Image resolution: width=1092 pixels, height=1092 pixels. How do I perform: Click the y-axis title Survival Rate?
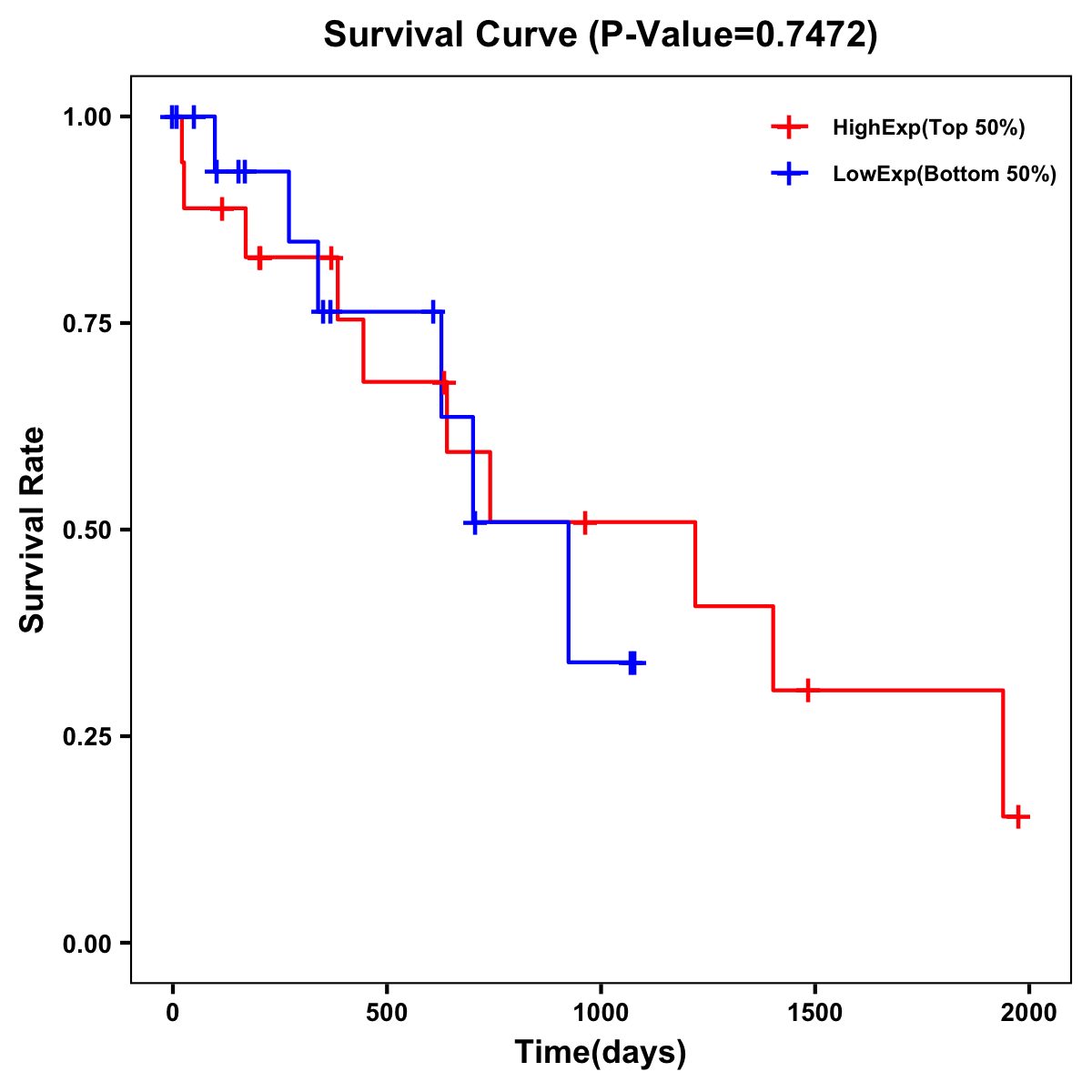coord(33,530)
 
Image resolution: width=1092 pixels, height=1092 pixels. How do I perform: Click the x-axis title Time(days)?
coord(601,1053)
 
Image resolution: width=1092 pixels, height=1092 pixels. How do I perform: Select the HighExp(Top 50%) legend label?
coord(929,128)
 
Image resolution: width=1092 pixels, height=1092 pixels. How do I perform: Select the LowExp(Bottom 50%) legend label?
coord(945,175)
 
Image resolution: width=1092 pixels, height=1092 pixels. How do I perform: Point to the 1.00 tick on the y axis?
coord(86,117)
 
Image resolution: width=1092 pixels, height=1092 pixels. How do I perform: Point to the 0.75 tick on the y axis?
coord(86,324)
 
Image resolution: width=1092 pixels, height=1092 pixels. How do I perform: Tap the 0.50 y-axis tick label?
coord(86,531)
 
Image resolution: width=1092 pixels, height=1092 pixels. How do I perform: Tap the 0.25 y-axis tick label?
coord(86,737)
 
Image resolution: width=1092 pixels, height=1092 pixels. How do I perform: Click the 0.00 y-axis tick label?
coord(86,944)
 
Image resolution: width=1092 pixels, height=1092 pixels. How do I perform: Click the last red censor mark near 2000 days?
coord(1018,816)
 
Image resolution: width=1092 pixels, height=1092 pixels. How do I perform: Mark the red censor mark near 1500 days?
coord(807,691)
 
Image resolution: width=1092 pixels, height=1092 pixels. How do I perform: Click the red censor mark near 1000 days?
coord(585,522)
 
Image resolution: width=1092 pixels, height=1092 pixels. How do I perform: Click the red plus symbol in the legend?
coord(790,127)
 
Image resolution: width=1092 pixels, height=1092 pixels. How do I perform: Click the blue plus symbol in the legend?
coord(790,174)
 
